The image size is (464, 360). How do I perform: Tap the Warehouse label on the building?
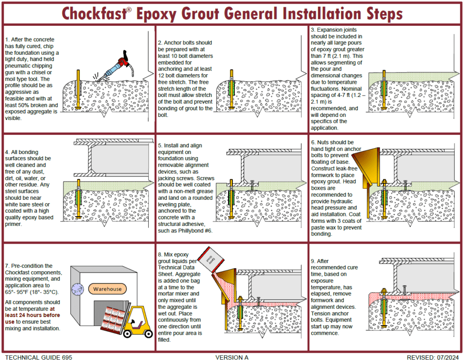click(108, 288)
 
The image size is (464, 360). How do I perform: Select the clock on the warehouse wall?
click(78, 290)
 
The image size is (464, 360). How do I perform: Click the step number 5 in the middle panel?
click(160, 145)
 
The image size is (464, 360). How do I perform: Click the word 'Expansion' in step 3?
click(336, 30)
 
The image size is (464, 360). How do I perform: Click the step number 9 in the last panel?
click(313, 261)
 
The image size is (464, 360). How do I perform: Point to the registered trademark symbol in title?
click(129, 9)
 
